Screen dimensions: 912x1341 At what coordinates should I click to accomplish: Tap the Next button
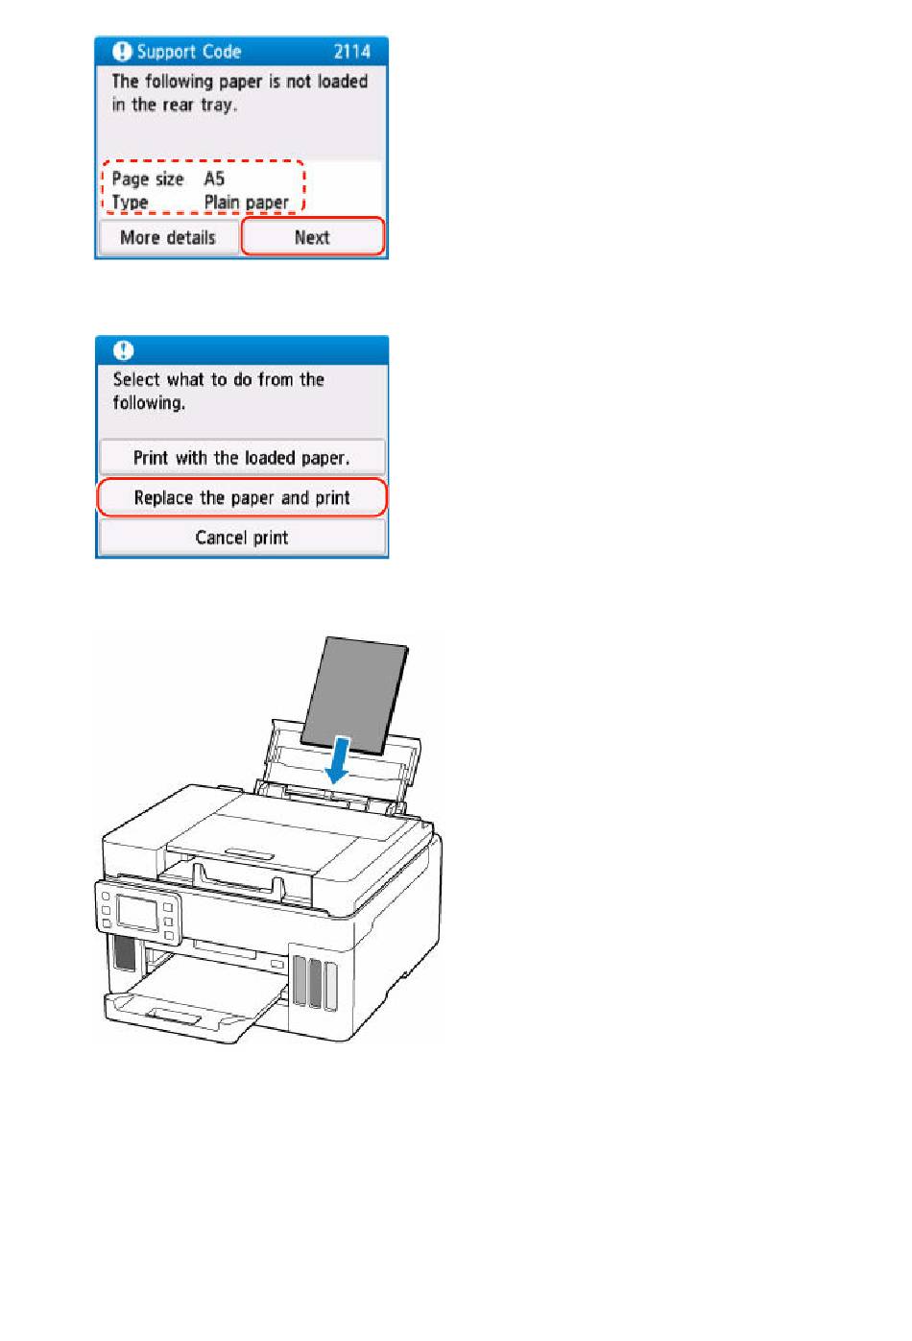312,236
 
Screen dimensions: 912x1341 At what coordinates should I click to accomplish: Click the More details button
168,238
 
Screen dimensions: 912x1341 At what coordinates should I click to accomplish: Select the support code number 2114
351,52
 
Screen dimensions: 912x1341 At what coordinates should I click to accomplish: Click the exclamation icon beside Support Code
122,52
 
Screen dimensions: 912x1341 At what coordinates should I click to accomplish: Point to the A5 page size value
214,179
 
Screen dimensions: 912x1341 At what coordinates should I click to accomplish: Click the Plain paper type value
246,203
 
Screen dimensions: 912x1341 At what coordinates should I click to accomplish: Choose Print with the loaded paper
241,457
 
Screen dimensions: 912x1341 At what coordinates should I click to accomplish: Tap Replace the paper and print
242,497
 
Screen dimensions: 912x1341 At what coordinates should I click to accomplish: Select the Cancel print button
242,537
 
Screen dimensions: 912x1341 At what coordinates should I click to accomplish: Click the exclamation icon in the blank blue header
124,350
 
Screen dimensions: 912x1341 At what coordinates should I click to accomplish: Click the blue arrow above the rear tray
338,759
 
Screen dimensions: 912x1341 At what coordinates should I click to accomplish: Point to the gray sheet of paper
354,694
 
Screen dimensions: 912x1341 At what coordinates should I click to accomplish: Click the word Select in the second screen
136,379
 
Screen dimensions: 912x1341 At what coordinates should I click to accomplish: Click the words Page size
147,179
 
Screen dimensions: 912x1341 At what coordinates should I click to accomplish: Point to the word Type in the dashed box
130,203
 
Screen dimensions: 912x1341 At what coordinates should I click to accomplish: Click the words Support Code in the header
188,52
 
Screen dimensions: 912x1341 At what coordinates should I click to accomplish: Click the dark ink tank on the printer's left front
125,953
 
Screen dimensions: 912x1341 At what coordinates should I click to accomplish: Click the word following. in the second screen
149,403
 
